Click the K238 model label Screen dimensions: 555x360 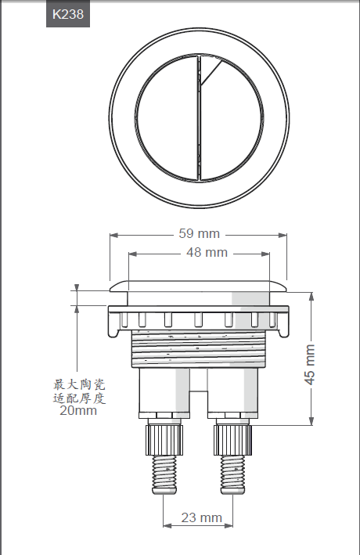[x=67, y=13]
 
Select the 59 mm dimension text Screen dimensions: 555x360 [x=199, y=233]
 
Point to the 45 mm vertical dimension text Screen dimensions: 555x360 [x=310, y=365]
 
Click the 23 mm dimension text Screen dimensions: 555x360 [x=201, y=517]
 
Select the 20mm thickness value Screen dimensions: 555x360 [x=78, y=410]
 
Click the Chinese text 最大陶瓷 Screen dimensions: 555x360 [x=78, y=385]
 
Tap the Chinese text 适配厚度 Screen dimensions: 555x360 [x=78, y=398]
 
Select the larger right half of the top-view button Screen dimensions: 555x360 [x=232, y=117]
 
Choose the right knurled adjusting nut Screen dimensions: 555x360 [x=232, y=438]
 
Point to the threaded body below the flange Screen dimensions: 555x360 [x=197, y=348]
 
